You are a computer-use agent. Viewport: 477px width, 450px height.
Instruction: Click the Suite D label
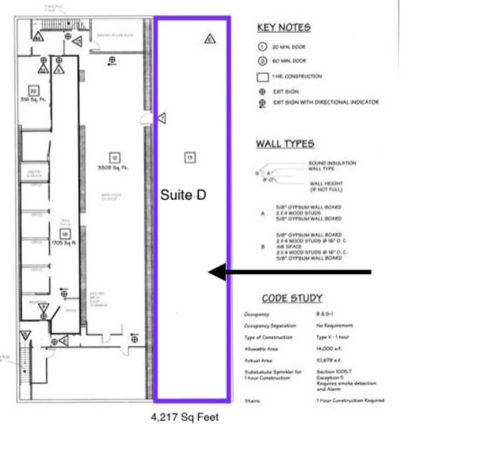pyautogui.click(x=183, y=195)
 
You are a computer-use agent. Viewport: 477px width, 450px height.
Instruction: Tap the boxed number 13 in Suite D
pyautogui.click(x=189, y=157)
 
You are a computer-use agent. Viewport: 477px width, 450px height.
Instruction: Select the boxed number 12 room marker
pyautogui.click(x=115, y=157)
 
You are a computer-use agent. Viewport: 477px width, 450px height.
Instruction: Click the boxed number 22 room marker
pyautogui.click(x=33, y=91)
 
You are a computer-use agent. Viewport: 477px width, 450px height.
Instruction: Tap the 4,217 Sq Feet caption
pyautogui.click(x=185, y=417)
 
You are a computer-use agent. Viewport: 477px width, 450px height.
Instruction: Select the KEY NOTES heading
pyautogui.click(x=284, y=28)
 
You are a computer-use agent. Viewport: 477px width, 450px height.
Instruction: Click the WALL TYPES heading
pyautogui.click(x=285, y=144)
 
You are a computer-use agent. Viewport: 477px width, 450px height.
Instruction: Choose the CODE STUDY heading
pyautogui.click(x=292, y=298)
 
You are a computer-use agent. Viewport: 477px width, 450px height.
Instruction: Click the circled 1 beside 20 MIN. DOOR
pyautogui.click(x=263, y=47)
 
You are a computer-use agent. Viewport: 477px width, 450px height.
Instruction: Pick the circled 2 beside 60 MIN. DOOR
pyautogui.click(x=263, y=61)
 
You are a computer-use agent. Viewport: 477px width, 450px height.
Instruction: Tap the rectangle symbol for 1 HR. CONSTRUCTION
pyautogui.click(x=263, y=76)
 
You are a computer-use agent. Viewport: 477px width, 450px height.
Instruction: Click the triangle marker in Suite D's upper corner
pyautogui.click(x=210, y=39)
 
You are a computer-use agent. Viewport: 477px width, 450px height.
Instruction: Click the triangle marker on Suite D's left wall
pyautogui.click(x=162, y=118)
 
